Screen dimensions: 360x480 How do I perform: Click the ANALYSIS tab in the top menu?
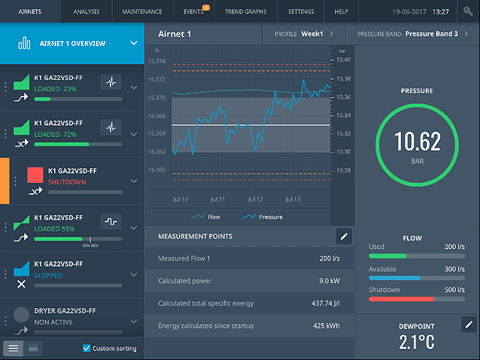coord(86,12)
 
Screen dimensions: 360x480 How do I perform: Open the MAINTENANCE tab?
coord(141,12)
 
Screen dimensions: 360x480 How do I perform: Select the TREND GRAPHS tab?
coord(246,12)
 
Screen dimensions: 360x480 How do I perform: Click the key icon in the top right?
coord(468,12)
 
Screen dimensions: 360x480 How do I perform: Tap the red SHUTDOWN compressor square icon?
coord(35,175)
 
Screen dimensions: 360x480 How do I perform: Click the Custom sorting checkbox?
coord(87,348)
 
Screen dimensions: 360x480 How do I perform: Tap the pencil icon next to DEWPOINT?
coord(469,323)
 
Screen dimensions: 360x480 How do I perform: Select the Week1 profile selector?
coord(312,34)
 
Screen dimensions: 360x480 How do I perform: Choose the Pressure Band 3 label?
coord(431,34)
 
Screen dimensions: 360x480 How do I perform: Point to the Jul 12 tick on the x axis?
coord(255,199)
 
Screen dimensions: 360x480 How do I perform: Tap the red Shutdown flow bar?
coord(416,299)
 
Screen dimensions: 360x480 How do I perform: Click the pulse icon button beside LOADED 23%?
coord(110,82)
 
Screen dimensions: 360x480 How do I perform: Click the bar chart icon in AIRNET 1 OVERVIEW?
coord(24,43)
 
